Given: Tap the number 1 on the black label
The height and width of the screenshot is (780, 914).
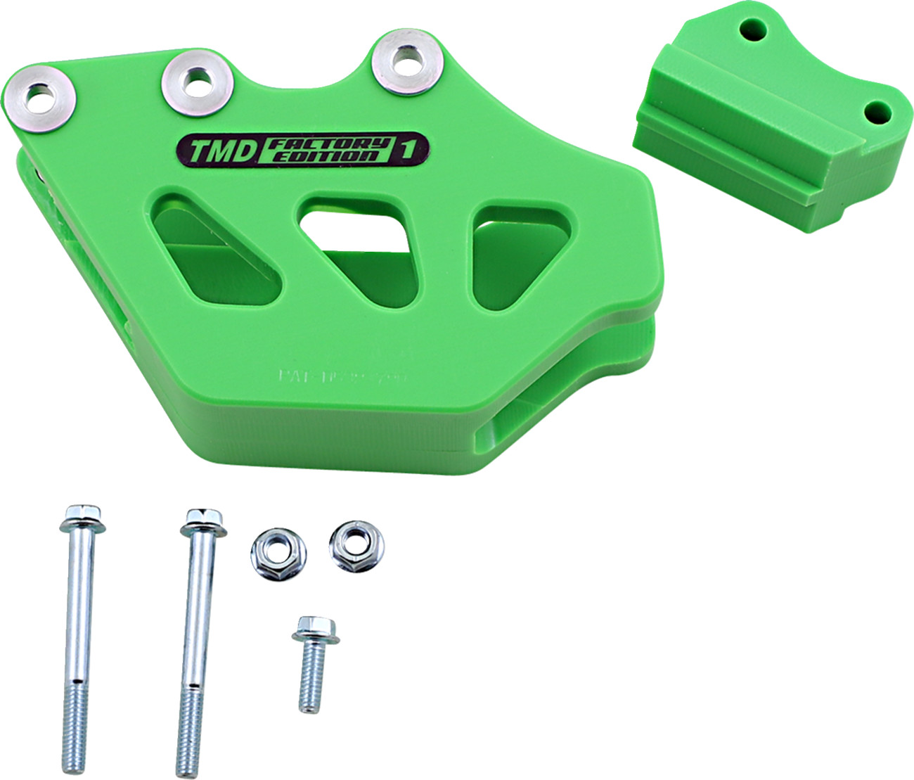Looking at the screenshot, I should (406, 148).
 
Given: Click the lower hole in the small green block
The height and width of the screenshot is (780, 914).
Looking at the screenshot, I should (876, 112).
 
